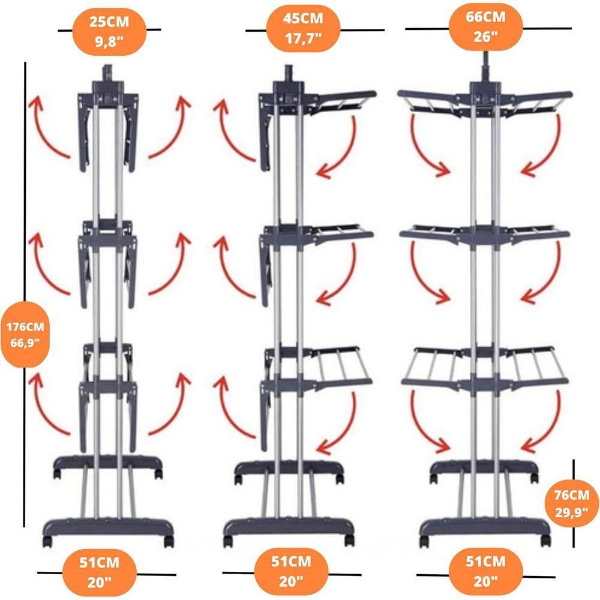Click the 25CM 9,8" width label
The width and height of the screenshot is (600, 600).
pyautogui.click(x=109, y=31)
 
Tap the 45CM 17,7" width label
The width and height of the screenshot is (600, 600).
pyautogui.click(x=303, y=28)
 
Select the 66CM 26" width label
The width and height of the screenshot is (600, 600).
pyautogui.click(x=485, y=27)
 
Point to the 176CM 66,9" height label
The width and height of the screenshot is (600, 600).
pyautogui.click(x=25, y=334)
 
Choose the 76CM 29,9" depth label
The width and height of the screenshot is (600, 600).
pyautogui.click(x=572, y=503)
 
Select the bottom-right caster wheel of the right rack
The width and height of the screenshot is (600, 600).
pyautogui.click(x=545, y=541)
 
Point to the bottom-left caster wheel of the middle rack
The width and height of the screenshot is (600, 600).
pyautogui.click(x=228, y=541)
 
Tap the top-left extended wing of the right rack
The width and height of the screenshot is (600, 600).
pyautogui.click(x=434, y=101)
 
